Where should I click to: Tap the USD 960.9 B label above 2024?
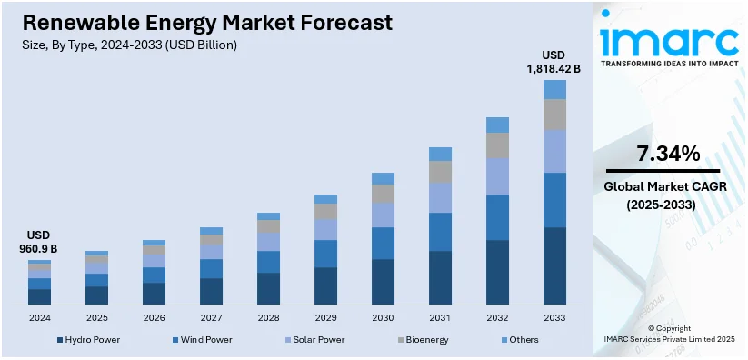pos(39,242)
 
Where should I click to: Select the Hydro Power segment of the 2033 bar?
pos(554,265)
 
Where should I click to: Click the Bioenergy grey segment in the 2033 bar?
pos(554,115)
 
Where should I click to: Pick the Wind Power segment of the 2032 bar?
pos(497,217)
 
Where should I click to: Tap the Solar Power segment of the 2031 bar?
pos(440,197)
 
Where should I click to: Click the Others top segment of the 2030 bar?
pos(383,178)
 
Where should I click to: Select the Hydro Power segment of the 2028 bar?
pos(268,288)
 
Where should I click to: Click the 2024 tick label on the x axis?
pos(39,317)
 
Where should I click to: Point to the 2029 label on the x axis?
pos(325,317)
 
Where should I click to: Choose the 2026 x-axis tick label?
pos(154,317)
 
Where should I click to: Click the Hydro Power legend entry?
pos(88,340)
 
